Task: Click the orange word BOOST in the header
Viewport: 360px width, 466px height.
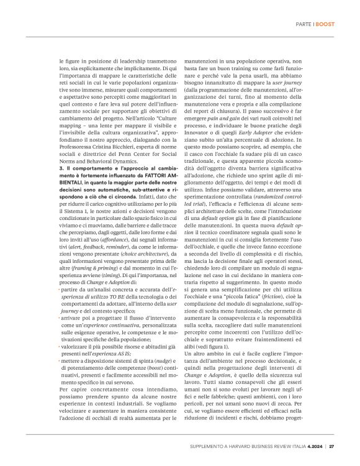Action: pyautogui.click(x=326, y=24)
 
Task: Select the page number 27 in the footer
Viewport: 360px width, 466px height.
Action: pyautogui.click(x=332, y=445)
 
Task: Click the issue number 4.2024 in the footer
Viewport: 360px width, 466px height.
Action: pyautogui.click(x=314, y=445)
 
